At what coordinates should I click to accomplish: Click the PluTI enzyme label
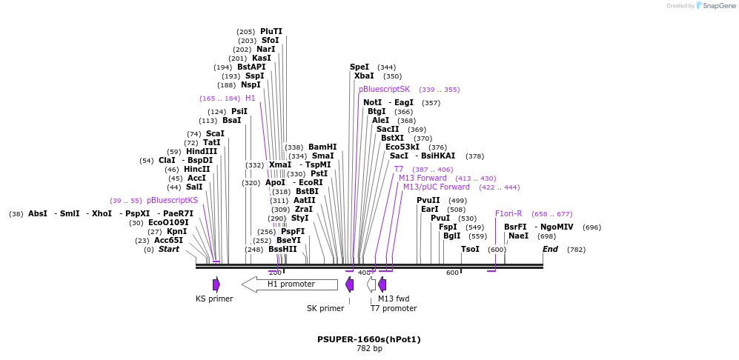(x=271, y=31)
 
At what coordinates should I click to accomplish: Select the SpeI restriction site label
(x=359, y=67)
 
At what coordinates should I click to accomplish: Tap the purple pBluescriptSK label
(x=384, y=89)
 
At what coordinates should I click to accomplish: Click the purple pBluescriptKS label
(x=172, y=200)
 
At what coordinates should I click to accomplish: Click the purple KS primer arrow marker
(x=216, y=284)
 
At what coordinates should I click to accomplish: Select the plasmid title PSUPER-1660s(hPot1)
(x=369, y=339)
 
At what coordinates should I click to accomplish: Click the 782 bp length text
(x=369, y=348)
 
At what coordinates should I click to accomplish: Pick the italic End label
(x=550, y=249)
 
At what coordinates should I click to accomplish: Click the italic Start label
(x=169, y=249)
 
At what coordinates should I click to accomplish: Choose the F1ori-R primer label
(x=508, y=213)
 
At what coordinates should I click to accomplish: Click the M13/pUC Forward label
(x=437, y=187)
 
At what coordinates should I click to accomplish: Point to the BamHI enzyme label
(x=322, y=147)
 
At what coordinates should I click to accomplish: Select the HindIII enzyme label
(x=202, y=151)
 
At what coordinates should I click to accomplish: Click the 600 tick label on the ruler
(x=452, y=273)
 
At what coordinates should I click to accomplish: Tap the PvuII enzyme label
(x=428, y=200)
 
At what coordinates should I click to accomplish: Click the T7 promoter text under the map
(x=394, y=308)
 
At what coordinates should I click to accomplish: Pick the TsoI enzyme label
(x=470, y=249)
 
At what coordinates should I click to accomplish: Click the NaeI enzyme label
(x=518, y=236)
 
